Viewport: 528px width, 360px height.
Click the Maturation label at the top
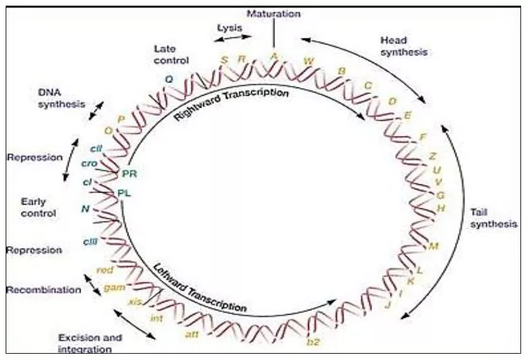pos(274,13)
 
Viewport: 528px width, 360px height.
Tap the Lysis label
pos(229,28)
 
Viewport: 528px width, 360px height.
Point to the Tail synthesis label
pos(493,218)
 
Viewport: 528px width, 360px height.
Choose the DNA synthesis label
pos(61,98)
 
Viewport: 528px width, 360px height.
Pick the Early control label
pos(38,208)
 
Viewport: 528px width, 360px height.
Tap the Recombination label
pos(43,290)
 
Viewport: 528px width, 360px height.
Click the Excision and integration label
pos(89,343)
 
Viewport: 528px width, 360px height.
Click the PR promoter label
pos(130,174)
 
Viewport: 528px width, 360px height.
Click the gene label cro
pos(88,164)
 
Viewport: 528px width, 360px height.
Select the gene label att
pos(192,334)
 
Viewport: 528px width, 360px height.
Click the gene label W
pos(308,61)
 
